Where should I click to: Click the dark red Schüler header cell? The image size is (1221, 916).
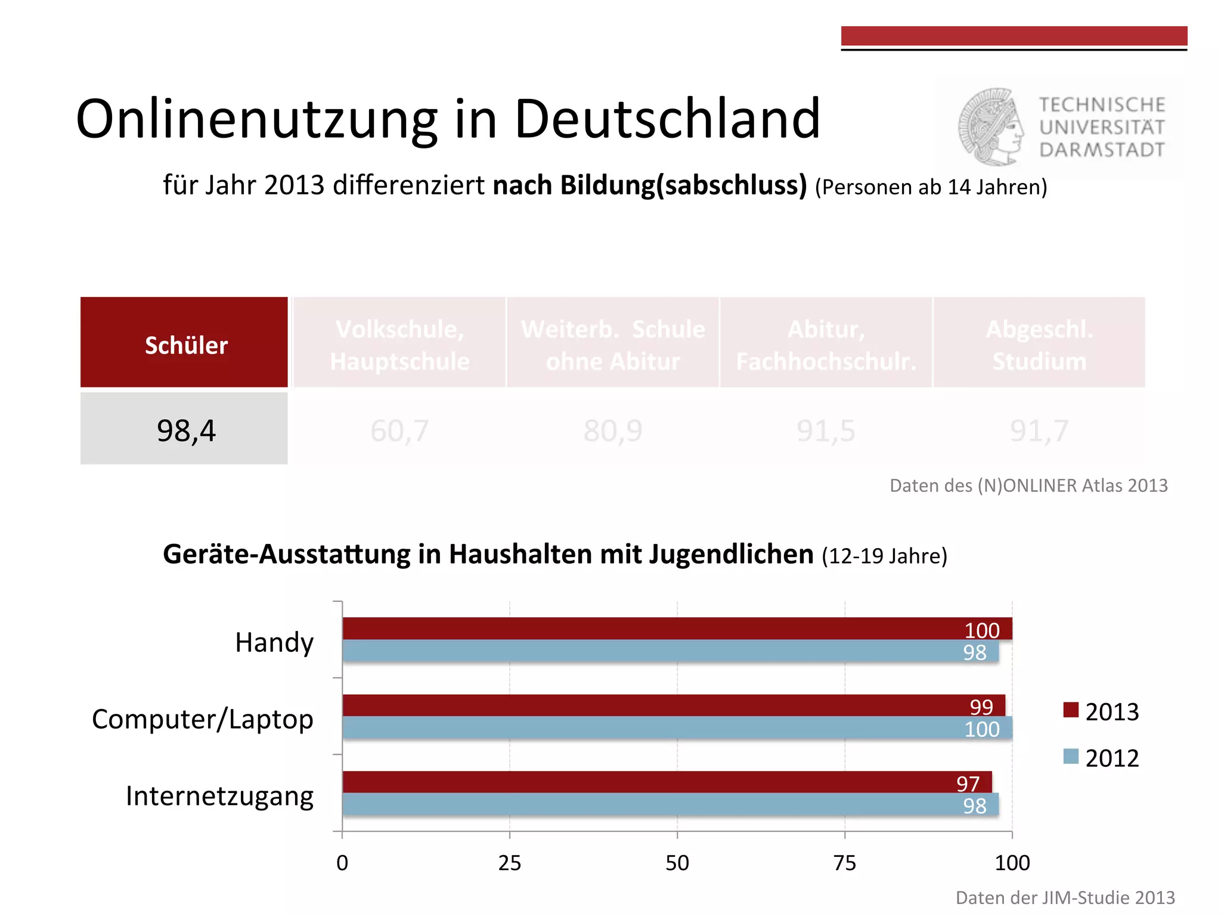(x=184, y=343)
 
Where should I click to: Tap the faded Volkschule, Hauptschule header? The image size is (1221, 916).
(x=399, y=345)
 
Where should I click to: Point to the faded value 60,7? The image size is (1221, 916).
(x=399, y=431)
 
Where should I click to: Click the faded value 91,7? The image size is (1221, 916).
(x=1039, y=431)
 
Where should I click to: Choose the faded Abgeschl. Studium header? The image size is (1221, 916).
(x=1039, y=345)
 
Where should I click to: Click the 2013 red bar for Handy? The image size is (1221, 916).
(x=656, y=629)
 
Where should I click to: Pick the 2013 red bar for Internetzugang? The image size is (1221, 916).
(x=656, y=782)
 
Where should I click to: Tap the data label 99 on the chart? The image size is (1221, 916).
(x=981, y=707)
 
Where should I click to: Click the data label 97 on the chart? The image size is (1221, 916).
(x=968, y=783)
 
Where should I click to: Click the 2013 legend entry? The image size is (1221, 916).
(x=1102, y=711)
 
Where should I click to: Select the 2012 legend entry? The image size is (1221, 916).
(x=1102, y=758)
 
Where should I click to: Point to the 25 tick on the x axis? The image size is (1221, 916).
(x=510, y=862)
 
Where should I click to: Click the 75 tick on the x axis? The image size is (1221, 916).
(x=845, y=862)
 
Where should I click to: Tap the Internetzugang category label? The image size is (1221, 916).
(x=219, y=796)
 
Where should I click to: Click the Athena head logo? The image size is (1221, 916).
(x=991, y=126)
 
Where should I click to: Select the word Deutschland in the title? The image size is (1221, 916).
(x=667, y=119)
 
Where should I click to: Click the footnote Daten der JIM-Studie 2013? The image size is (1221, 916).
(x=1065, y=898)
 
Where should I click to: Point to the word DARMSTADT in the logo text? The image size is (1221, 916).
(x=1102, y=150)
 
